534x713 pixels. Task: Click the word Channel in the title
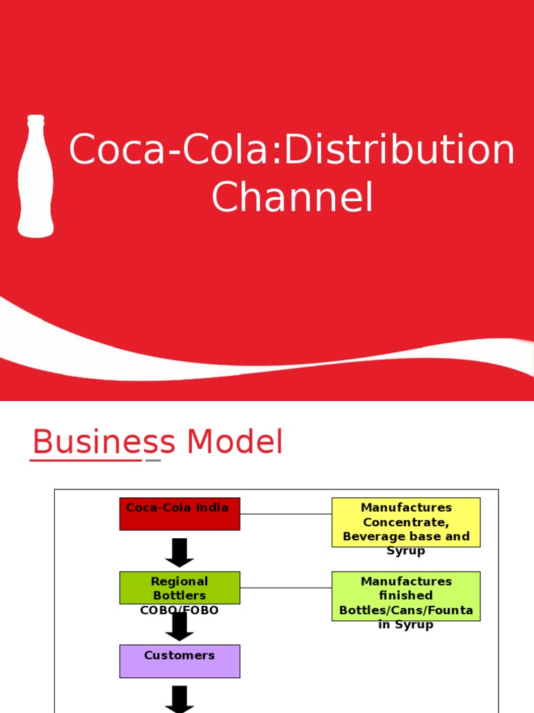[x=292, y=198]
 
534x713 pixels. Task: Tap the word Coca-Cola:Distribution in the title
[x=292, y=150]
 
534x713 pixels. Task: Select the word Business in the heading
[x=104, y=442]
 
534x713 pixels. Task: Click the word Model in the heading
[x=234, y=442]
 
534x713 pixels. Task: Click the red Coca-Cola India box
[x=179, y=514]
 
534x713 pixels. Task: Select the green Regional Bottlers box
[x=179, y=588]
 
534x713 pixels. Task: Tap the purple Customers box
[x=179, y=661]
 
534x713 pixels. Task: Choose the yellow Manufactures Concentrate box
[x=405, y=522]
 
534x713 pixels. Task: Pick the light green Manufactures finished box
[x=405, y=596]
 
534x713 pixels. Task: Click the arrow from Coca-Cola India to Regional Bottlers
[x=179, y=552]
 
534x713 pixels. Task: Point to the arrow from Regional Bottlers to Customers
[x=179, y=627]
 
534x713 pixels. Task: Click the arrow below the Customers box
[x=179, y=699]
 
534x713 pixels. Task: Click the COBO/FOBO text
[x=179, y=611]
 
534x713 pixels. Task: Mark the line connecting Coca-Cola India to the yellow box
[x=286, y=514]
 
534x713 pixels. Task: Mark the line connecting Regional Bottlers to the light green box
[x=286, y=588]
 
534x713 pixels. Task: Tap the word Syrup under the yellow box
[x=405, y=551]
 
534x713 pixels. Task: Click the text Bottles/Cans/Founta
[x=405, y=611]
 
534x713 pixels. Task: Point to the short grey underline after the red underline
[x=153, y=460]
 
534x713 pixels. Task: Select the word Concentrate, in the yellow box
[x=405, y=522]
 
